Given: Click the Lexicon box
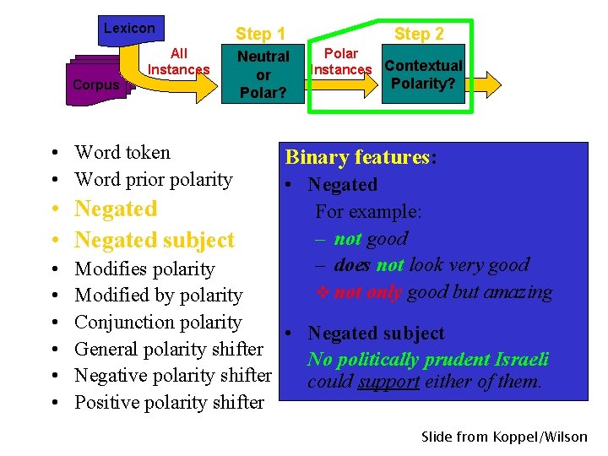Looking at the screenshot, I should [x=129, y=29].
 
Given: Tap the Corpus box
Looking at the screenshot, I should [x=95, y=84].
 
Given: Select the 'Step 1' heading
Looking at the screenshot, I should [x=260, y=34].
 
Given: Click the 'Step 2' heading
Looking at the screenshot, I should [x=419, y=34].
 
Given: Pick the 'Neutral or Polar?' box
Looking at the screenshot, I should [x=263, y=74].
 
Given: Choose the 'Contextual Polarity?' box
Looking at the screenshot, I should [x=423, y=74].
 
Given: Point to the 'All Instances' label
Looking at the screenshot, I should [x=178, y=62].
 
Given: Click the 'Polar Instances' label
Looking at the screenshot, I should [x=341, y=62].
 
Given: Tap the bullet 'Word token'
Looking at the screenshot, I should [x=122, y=153].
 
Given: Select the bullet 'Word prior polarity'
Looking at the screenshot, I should [x=153, y=179].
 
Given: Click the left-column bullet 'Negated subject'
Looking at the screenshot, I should [x=154, y=240].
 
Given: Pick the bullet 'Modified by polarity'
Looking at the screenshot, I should [x=158, y=296].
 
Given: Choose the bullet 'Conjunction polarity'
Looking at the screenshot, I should [x=158, y=322].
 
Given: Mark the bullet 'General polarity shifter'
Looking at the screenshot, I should [x=169, y=349].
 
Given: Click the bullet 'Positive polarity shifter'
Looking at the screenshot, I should [x=169, y=402].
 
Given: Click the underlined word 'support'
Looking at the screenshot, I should [x=388, y=382].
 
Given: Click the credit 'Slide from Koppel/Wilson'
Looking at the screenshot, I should [x=504, y=437].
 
